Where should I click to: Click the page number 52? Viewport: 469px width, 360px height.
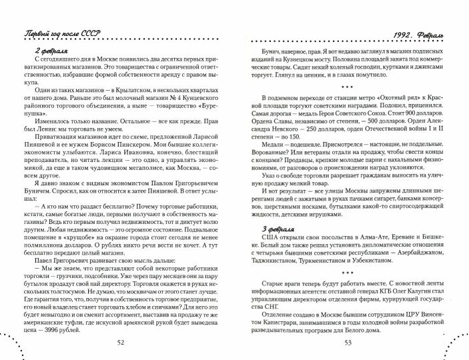(x=120, y=342)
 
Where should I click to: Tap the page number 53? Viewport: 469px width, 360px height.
(x=348, y=342)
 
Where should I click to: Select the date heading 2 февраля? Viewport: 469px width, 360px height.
(x=51, y=50)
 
